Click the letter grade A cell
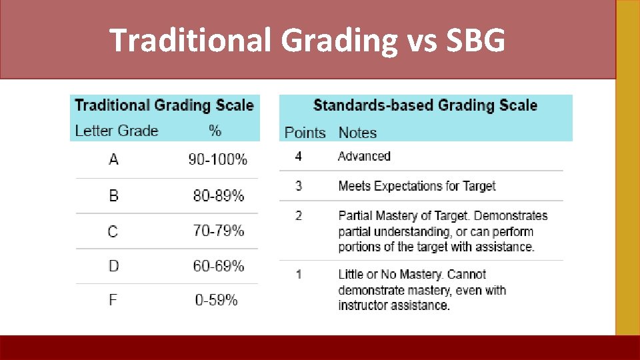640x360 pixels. click(x=113, y=160)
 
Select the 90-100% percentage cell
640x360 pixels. click(x=217, y=160)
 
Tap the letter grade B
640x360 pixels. click(x=113, y=196)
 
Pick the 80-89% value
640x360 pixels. click(x=219, y=196)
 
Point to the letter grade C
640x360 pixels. click(x=113, y=231)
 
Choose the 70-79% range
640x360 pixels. click(x=219, y=231)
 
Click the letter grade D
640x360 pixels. click(x=113, y=266)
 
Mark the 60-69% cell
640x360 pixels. click(x=219, y=266)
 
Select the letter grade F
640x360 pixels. click(x=113, y=300)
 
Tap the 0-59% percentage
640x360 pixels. click(x=216, y=300)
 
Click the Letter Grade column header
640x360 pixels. click(x=117, y=131)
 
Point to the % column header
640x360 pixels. click(x=215, y=131)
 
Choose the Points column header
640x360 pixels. click(x=305, y=133)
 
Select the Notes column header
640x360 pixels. click(x=357, y=133)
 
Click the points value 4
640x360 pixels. click(x=298, y=156)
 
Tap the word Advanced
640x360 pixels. click(x=364, y=156)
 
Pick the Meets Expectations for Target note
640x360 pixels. click(x=417, y=186)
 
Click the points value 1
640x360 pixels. click(x=299, y=274)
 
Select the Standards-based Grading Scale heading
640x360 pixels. click(x=425, y=105)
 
